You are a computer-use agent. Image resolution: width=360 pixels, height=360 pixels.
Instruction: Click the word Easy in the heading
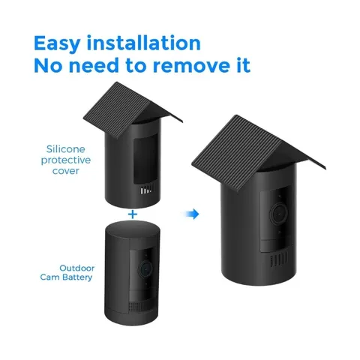click(x=57, y=44)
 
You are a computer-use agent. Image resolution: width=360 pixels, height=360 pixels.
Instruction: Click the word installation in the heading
click(x=143, y=43)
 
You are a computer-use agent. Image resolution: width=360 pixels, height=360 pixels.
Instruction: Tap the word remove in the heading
click(x=191, y=66)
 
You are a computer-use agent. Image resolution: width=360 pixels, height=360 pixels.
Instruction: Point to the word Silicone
click(x=66, y=149)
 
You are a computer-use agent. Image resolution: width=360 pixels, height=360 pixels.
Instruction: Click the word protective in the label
click(x=66, y=160)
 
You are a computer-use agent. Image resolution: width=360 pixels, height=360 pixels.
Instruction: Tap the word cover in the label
click(x=66, y=171)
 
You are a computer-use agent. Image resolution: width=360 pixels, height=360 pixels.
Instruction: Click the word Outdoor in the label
click(x=77, y=268)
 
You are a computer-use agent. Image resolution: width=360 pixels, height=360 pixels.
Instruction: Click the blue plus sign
click(x=133, y=214)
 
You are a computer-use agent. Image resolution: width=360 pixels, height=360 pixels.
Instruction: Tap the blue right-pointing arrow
click(x=192, y=214)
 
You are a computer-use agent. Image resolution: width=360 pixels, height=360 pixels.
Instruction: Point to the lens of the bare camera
click(x=145, y=269)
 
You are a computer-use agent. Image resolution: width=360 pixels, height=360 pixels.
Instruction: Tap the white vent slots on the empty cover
click(x=147, y=190)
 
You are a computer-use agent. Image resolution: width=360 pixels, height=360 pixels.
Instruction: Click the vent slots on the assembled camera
click(x=279, y=259)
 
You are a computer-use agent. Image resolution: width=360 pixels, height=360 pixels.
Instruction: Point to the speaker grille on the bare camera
click(x=136, y=306)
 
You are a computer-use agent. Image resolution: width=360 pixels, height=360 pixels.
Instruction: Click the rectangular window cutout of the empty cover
click(x=145, y=158)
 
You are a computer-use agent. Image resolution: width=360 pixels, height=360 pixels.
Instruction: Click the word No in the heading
click(x=48, y=65)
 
